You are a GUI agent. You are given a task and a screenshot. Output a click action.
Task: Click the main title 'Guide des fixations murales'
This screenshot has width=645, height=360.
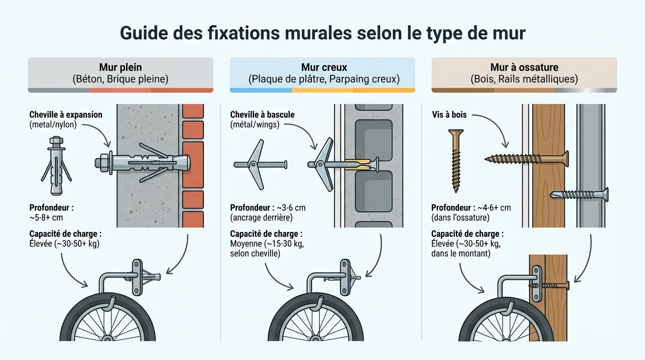322,34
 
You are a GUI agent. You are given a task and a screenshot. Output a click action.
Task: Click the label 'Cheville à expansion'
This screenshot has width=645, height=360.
66,115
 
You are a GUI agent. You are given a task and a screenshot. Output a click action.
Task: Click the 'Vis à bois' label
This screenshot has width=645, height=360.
449,115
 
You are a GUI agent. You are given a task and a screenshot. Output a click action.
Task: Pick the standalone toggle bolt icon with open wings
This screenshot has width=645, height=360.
260,165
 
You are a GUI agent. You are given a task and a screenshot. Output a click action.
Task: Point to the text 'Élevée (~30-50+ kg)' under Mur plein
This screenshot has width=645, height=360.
64,243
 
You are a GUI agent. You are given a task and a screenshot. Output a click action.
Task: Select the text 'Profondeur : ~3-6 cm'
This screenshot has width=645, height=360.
268,208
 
